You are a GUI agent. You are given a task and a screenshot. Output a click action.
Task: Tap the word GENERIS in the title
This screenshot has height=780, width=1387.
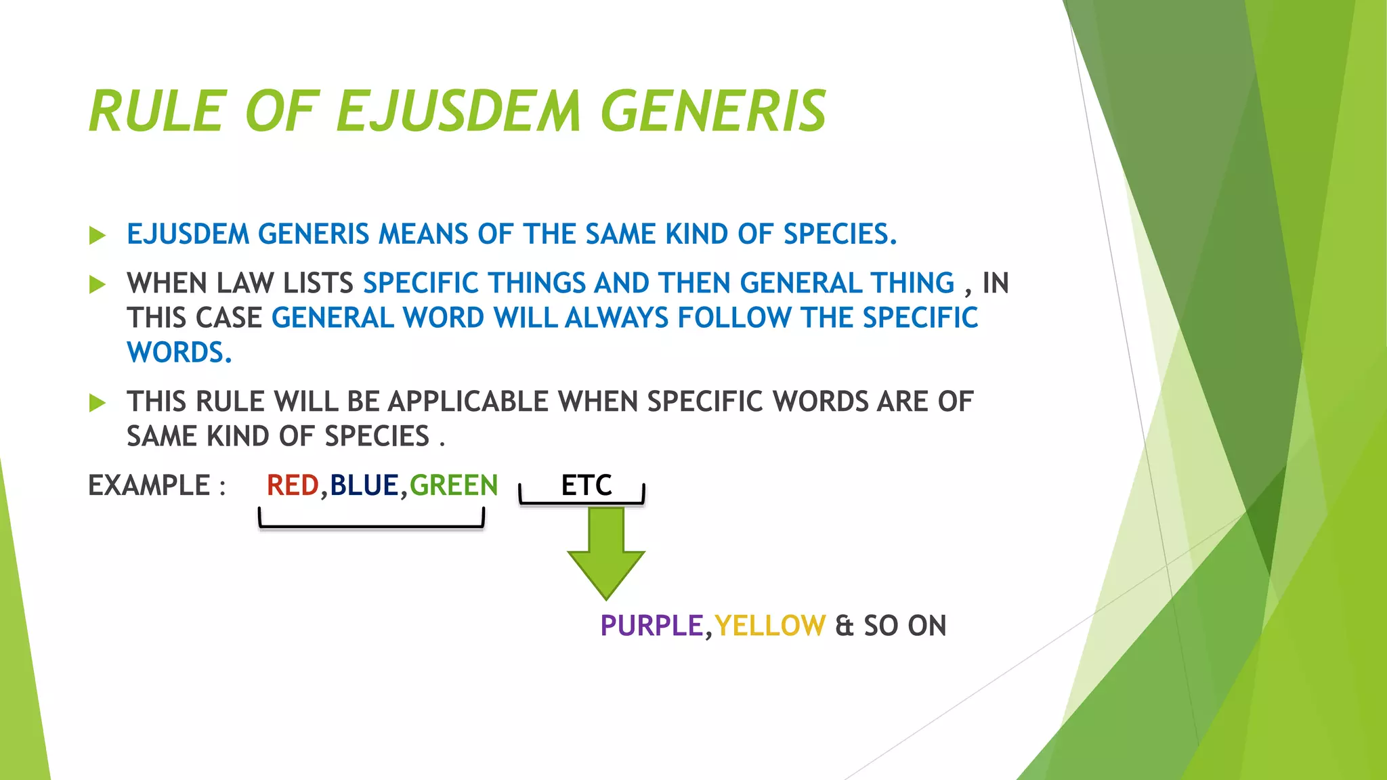(x=713, y=112)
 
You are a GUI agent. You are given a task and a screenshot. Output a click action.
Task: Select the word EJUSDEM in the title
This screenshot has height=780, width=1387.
(x=458, y=112)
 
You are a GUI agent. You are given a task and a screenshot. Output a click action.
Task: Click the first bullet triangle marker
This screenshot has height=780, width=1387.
(x=98, y=236)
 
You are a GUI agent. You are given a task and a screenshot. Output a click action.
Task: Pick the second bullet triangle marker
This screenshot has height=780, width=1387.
(x=98, y=284)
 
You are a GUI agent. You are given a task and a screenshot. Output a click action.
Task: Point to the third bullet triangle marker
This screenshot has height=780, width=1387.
(x=98, y=404)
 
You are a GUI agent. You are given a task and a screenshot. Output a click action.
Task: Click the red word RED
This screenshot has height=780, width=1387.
(x=293, y=485)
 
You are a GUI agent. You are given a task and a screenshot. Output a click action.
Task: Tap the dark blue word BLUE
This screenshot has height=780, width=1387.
(x=364, y=485)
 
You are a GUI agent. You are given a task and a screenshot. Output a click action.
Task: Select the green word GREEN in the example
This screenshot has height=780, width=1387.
(x=454, y=485)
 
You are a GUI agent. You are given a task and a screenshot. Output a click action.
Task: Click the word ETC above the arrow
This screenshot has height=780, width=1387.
(x=586, y=485)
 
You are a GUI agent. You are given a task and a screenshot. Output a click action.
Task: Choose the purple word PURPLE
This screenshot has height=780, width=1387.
(x=652, y=626)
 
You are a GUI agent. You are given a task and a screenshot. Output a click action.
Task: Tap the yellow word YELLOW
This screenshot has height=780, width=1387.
(x=770, y=626)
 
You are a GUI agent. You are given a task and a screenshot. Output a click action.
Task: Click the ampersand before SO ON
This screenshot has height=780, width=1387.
(x=844, y=626)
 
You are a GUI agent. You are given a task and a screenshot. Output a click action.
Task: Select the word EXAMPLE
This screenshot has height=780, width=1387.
(x=149, y=485)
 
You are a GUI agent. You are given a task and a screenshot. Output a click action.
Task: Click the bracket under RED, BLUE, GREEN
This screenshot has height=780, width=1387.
(x=371, y=525)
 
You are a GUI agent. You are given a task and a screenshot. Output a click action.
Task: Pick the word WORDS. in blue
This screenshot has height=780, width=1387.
(x=179, y=353)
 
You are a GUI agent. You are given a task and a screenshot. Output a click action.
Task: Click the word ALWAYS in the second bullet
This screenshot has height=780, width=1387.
(x=616, y=318)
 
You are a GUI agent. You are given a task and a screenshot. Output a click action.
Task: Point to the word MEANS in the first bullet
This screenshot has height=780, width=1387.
(x=423, y=234)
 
